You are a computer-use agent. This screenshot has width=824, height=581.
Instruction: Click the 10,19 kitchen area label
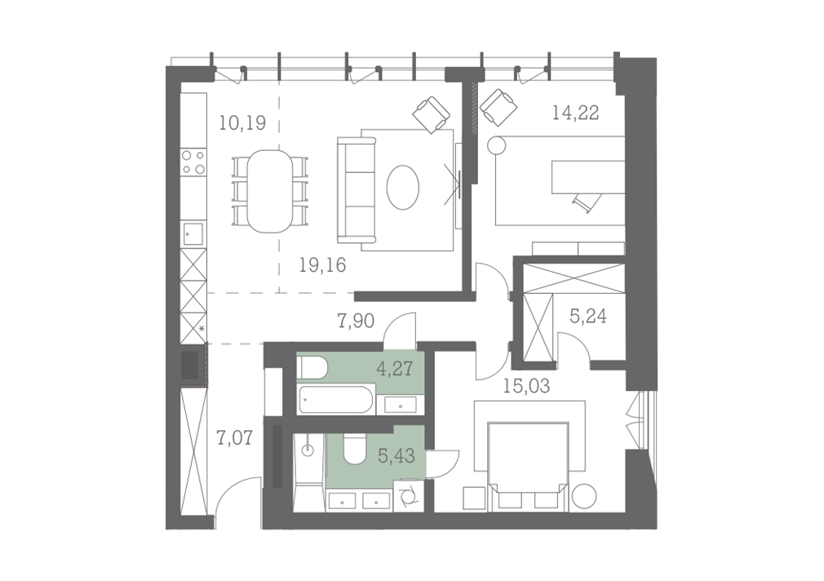coord(242,123)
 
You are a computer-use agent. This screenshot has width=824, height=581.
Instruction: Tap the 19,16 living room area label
coord(322,265)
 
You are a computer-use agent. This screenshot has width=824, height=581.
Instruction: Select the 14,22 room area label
coord(575,113)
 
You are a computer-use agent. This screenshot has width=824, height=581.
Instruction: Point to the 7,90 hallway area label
coord(356,320)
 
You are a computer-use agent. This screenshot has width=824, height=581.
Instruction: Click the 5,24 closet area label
coord(588,316)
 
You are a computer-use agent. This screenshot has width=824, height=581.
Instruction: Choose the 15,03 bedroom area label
coord(526,387)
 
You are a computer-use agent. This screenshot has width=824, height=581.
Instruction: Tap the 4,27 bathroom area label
coord(394,368)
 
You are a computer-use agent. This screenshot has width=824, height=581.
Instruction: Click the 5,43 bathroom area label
coord(396,456)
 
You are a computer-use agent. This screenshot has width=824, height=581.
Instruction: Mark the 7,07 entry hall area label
coord(234,437)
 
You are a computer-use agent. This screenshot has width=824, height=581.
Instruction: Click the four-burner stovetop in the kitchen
coord(193,162)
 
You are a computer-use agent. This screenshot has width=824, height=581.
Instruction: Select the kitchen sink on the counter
coord(193,234)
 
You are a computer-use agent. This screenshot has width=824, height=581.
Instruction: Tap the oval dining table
coord(270,192)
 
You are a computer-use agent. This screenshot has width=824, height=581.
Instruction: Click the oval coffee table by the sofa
coord(403,187)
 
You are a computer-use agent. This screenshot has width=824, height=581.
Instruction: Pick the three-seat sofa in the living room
coord(357,190)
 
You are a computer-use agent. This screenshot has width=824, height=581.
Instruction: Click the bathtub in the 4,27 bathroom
coord(336,401)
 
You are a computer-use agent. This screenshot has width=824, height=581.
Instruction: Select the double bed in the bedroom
coord(528,466)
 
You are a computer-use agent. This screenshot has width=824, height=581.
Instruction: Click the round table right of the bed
coord(584,495)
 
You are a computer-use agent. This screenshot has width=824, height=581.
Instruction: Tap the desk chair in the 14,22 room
coord(587,202)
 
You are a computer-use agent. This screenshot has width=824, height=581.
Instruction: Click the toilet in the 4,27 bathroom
coord(312,367)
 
